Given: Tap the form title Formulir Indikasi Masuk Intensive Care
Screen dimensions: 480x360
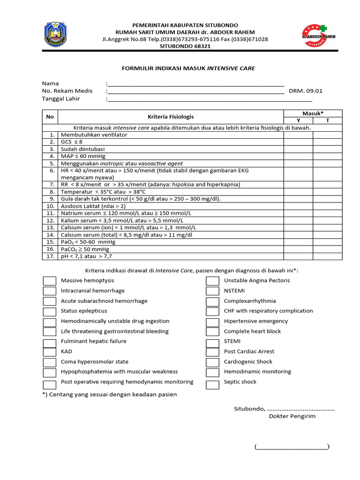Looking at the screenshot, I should (x=188, y=68).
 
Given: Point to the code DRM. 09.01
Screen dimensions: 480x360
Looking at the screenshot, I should (x=306, y=91).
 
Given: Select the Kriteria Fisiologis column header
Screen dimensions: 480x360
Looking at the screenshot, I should (x=171, y=117).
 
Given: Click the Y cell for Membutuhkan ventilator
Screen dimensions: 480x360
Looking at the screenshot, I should (x=298, y=135).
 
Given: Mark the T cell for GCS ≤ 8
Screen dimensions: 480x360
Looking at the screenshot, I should (x=328, y=142).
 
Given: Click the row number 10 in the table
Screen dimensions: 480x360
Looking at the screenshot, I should (x=50, y=206).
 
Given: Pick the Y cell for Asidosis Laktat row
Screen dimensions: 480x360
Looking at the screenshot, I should (x=298, y=206).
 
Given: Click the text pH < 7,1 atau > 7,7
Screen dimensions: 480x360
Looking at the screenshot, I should (x=87, y=256).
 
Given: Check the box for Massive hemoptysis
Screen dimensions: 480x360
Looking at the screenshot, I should (x=49, y=281).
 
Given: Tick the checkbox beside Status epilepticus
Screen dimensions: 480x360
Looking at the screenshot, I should (x=49, y=311).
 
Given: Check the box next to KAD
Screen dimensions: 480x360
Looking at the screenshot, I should (x=49, y=352).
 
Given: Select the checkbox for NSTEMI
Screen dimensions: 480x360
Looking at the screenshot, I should (x=212, y=291).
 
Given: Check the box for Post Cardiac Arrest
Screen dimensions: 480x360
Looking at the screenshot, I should (x=212, y=352).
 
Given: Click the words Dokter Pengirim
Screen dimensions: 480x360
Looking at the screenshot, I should (x=292, y=416).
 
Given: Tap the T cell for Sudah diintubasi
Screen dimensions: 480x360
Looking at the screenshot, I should (x=328, y=149).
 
